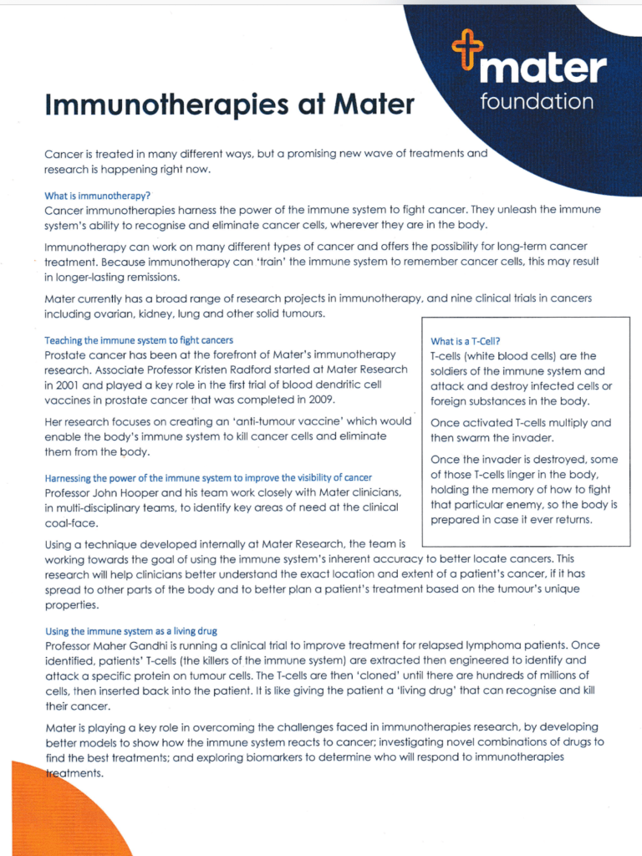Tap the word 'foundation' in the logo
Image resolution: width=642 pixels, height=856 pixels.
pyautogui.click(x=537, y=102)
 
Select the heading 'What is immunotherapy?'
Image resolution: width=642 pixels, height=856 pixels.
pyautogui.click(x=98, y=196)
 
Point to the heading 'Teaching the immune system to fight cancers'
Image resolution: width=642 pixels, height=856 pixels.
pyautogui.click(x=139, y=340)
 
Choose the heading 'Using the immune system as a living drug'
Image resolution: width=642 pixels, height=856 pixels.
pyautogui.click(x=131, y=631)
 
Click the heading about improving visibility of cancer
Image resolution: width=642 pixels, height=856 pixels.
pyautogui.click(x=208, y=477)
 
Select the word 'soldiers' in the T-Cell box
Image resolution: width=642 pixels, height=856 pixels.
pyautogui.click(x=451, y=371)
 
